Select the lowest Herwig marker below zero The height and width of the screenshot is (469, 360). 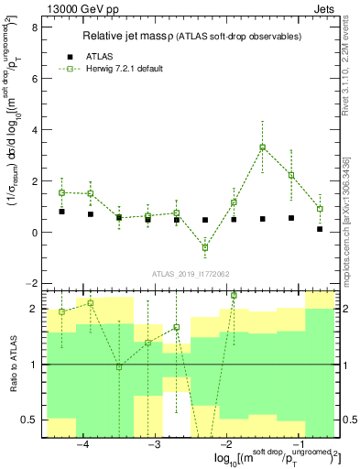click(x=205, y=247)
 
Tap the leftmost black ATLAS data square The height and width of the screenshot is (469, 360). click(x=61, y=212)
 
